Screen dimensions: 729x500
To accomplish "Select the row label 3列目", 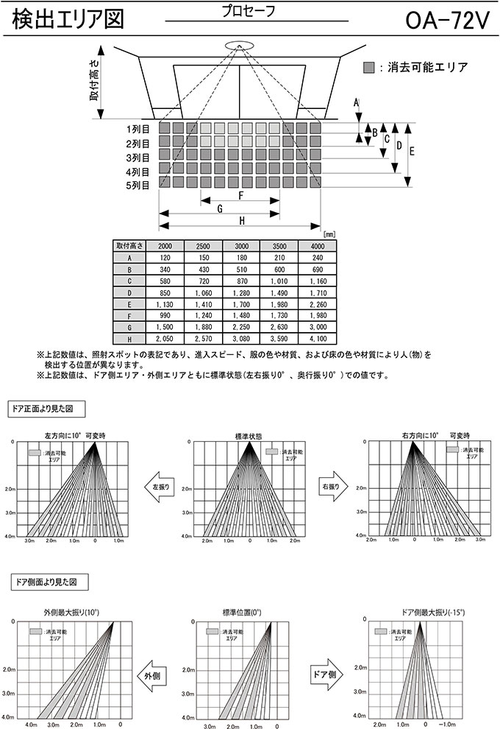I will point(138,157).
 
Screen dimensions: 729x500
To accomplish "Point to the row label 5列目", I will point(138,185).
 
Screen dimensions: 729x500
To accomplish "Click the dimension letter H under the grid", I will point(241,219).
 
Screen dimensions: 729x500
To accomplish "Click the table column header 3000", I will point(241,245).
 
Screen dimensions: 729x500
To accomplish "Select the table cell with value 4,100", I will point(318,339).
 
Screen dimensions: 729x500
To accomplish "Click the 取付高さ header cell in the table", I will point(129,245).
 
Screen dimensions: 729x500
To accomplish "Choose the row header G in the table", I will point(129,325).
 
